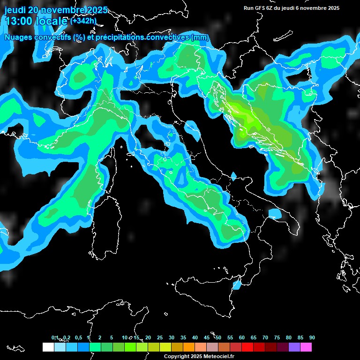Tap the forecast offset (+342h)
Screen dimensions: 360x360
pyautogui.click(x=83, y=21)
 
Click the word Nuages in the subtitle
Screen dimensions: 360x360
pyautogui.click(x=19, y=37)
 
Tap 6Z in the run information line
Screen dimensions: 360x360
pyautogui.click(x=271, y=8)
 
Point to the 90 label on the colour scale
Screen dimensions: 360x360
pyautogui.click(x=312, y=337)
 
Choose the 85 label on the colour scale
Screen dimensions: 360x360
pyautogui.click(x=300, y=337)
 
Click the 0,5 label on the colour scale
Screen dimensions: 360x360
pyautogui.click(x=78, y=337)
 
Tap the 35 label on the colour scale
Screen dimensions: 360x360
pyautogui.click(x=183, y=337)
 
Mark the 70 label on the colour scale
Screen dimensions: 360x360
pyautogui.click(x=265, y=337)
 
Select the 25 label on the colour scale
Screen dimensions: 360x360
pyautogui.click(x=160, y=337)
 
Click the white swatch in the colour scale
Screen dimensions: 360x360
pyautogui.click(x=48, y=347)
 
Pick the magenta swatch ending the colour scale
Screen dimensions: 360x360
pyautogui.click(x=306, y=347)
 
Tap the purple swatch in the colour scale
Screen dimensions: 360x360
pyautogui.click(x=294, y=347)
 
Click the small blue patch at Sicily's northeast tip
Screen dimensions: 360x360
pyautogui.click(x=237, y=284)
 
